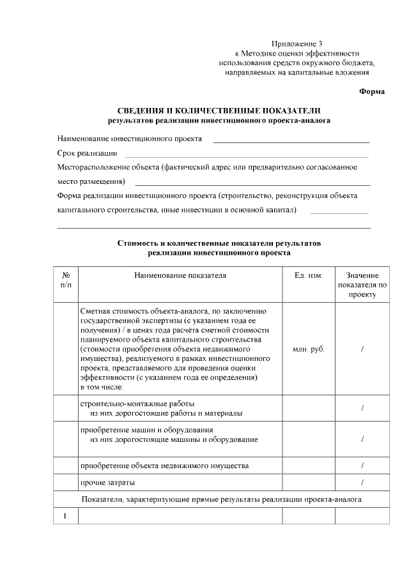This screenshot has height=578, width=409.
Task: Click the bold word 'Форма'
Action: (x=371, y=91)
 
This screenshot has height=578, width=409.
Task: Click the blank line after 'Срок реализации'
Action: (x=246, y=156)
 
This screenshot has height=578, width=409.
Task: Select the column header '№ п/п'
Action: (x=65, y=280)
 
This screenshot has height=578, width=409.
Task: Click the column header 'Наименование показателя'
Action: (x=180, y=275)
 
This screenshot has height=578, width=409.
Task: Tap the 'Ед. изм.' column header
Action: (x=309, y=275)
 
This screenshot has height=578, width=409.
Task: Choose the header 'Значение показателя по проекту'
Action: (x=362, y=285)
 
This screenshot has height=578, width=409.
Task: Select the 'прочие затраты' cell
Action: (x=107, y=482)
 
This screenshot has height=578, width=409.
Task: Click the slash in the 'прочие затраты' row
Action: (x=362, y=482)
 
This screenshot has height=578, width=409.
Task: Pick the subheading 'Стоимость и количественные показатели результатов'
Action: (x=219, y=243)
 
